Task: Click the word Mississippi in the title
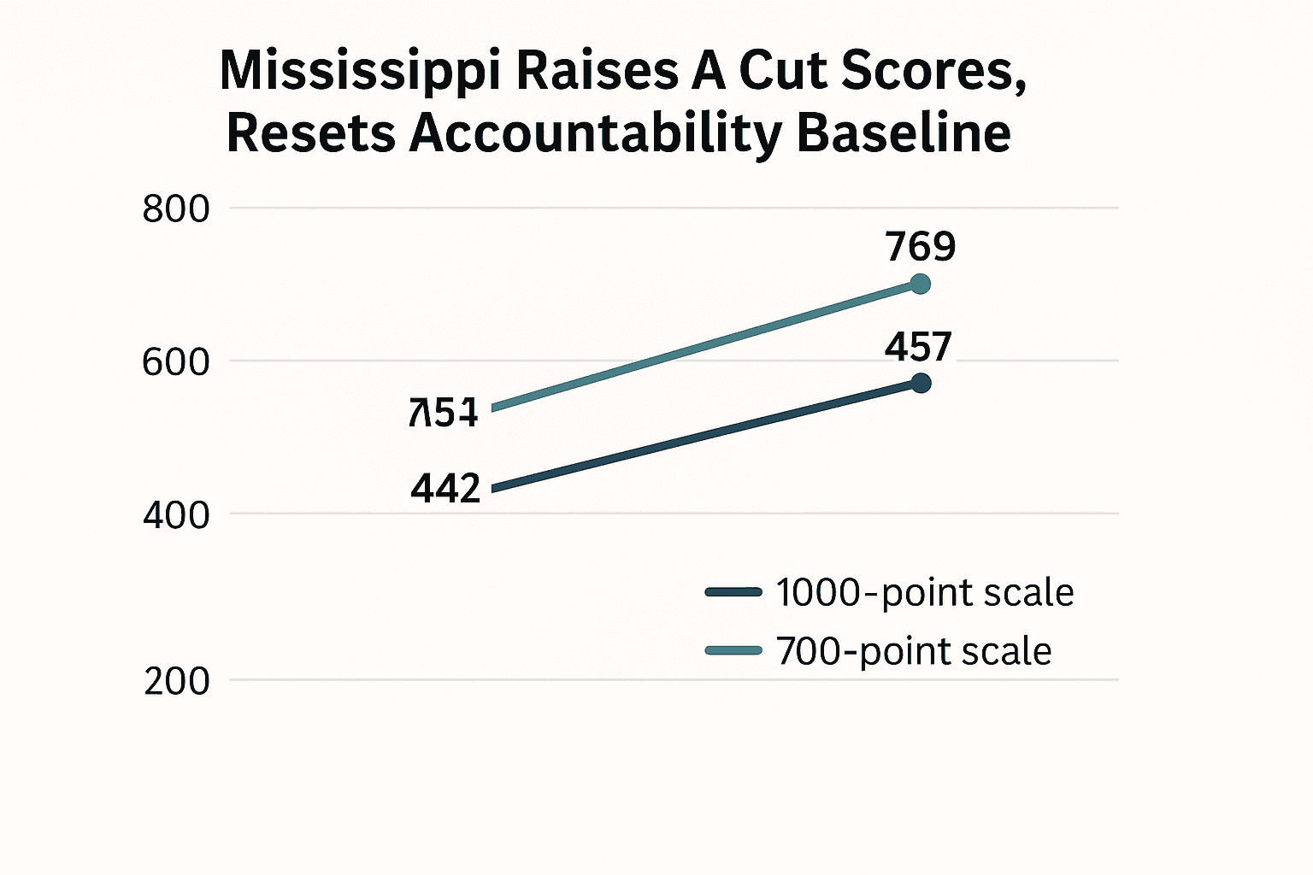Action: click(359, 72)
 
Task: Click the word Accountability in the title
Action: click(595, 135)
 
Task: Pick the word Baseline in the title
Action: click(904, 133)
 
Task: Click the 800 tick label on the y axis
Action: click(176, 209)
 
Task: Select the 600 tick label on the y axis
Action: click(176, 362)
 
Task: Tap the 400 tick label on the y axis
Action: click(176, 515)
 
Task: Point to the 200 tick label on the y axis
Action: click(177, 681)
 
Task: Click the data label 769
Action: click(921, 247)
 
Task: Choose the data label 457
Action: click(918, 347)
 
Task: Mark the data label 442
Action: click(445, 489)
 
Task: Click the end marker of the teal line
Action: click(921, 284)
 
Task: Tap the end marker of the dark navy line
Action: click(921, 383)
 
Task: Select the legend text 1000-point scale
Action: click(925, 592)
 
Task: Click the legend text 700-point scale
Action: click(914, 651)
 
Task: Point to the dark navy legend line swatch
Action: click(733, 592)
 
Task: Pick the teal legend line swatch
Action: click(733, 651)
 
